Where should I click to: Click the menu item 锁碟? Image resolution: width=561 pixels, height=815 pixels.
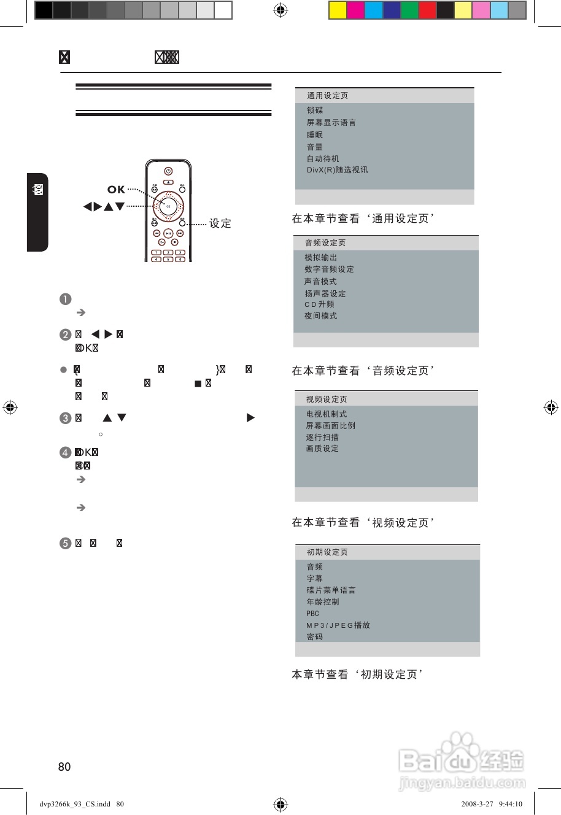(x=315, y=110)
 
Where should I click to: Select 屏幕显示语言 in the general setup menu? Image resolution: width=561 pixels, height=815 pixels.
(x=331, y=123)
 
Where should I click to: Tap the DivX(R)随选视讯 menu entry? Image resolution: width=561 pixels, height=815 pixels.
(x=338, y=170)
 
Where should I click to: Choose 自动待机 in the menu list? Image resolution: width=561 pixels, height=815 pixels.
(x=323, y=158)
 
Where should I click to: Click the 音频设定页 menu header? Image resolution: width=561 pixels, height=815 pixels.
(x=325, y=243)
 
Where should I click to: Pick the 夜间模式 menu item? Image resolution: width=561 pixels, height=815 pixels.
(x=321, y=316)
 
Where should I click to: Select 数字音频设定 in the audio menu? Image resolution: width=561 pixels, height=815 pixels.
(x=329, y=269)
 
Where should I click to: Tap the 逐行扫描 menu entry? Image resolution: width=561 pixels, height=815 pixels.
(x=322, y=438)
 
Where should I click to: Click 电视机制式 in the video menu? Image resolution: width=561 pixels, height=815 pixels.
(x=327, y=414)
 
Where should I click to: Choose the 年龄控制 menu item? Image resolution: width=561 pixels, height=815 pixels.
(x=323, y=602)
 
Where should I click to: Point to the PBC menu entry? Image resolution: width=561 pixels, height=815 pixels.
(x=313, y=614)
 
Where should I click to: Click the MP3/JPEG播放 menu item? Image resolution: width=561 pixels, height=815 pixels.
(x=338, y=625)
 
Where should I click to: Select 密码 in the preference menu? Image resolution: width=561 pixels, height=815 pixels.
(x=315, y=637)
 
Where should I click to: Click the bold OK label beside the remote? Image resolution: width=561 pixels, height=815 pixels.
(x=116, y=190)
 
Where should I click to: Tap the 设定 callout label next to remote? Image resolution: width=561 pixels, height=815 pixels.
(x=220, y=223)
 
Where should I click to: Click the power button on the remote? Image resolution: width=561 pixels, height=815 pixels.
(x=168, y=171)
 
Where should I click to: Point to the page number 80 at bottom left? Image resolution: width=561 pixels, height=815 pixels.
(x=64, y=767)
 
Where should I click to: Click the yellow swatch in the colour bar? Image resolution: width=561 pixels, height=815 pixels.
(x=338, y=10)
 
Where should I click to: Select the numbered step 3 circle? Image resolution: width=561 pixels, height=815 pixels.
(x=66, y=419)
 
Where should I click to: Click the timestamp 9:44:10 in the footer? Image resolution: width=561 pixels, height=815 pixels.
(x=511, y=804)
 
